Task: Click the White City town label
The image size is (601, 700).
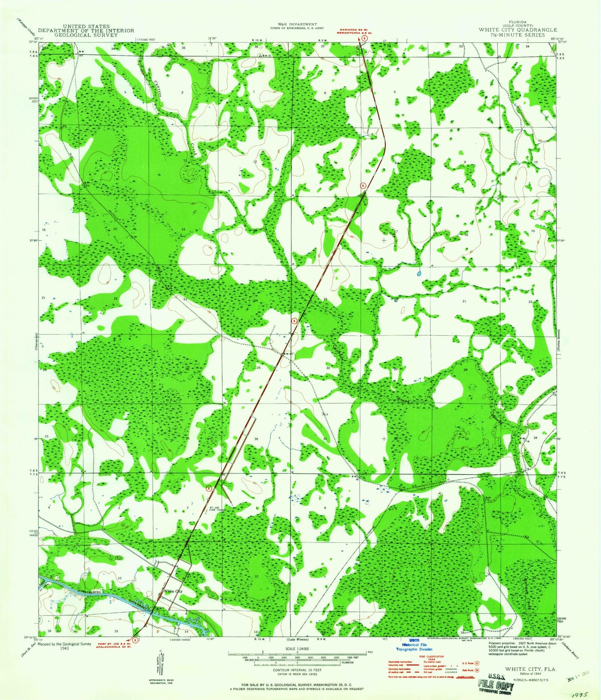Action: pos(173,591)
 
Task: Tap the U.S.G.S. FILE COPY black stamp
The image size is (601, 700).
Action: pos(496,684)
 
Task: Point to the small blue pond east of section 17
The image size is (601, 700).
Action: pos(419,274)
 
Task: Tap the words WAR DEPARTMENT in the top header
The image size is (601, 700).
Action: pos(299,24)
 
